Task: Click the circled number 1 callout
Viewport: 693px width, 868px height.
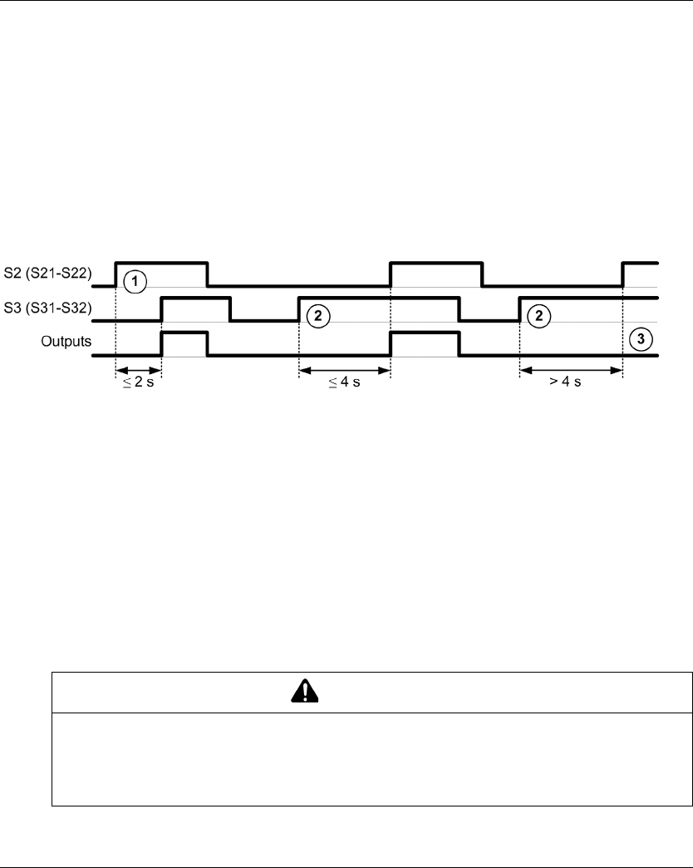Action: [x=132, y=281]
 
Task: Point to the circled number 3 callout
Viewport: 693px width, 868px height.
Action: [x=641, y=339]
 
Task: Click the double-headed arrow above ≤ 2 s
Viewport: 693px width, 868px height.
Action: [x=138, y=371]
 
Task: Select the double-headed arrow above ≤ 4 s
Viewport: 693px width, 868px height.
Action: [x=344, y=371]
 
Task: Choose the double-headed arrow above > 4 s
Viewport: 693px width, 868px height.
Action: [x=571, y=371]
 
